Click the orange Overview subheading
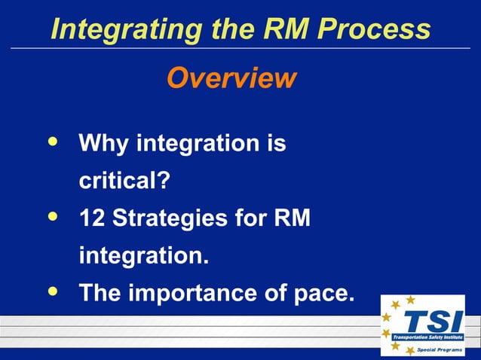click(231, 78)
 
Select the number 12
click(92, 219)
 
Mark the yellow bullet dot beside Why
click(51, 141)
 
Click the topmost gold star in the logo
click(410, 300)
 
